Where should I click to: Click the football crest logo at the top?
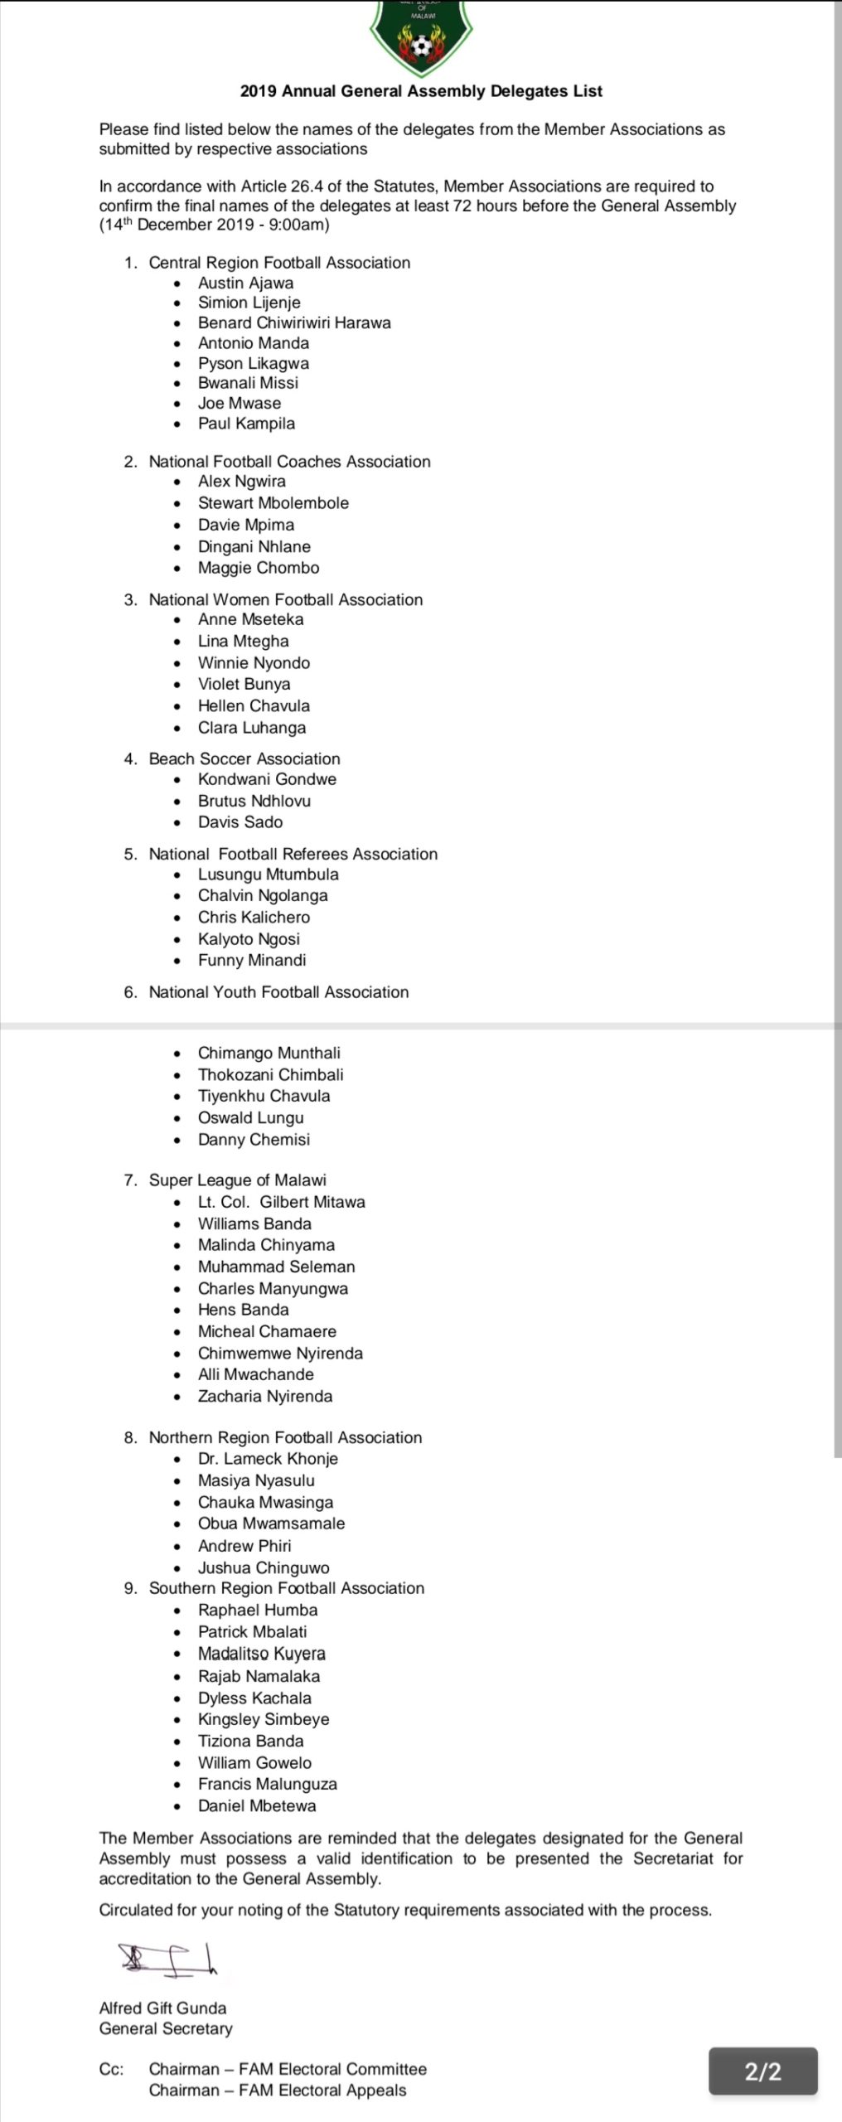pos(421,37)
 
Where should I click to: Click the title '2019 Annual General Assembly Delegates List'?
pos(421,91)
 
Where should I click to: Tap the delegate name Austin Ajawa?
pos(245,283)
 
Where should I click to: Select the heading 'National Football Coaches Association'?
pos(289,462)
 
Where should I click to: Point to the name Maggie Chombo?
pos(259,568)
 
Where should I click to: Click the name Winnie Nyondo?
pos(254,662)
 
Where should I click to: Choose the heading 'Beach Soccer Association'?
pos(244,758)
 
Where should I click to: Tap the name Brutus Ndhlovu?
pos(254,801)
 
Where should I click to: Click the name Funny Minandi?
pos(252,960)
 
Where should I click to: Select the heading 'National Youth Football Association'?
pos(278,992)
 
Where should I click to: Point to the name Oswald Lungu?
pos(250,1117)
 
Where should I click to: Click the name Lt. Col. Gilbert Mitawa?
pos(281,1202)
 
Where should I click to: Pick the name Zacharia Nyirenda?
pos(265,1396)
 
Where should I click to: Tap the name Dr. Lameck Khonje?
pos(268,1459)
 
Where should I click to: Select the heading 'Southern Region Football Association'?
pos(286,1588)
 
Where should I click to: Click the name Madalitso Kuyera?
pos(262,1654)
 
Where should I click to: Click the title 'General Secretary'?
pos(166,2028)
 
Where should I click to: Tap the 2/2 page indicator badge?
pos(762,2071)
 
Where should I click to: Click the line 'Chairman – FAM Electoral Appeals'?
pos(278,2091)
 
